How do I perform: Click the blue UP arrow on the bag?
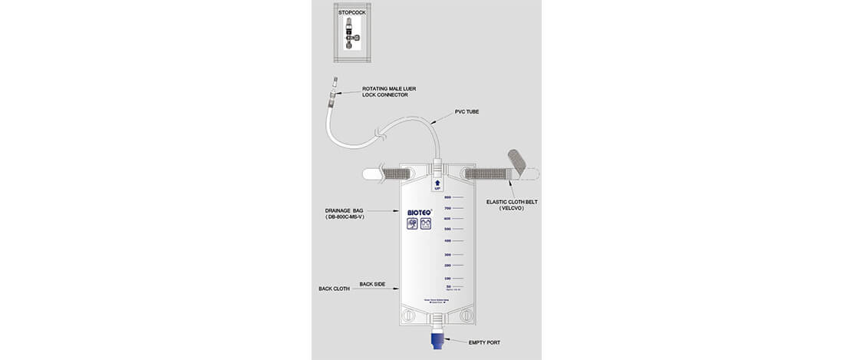437,183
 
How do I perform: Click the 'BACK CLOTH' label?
335,289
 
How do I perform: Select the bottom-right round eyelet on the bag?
464,315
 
